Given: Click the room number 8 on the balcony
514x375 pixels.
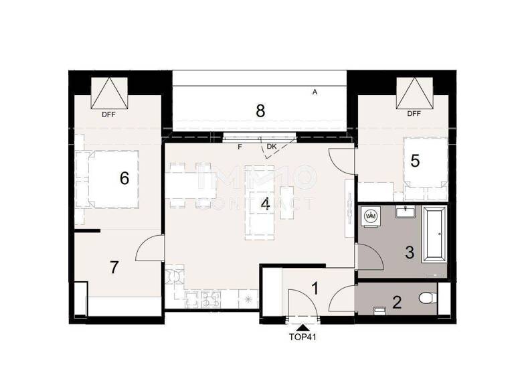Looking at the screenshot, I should (260, 111).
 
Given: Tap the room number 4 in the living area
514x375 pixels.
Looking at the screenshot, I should (266, 204).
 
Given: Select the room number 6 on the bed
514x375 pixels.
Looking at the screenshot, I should (124, 179).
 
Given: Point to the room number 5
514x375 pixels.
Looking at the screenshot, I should (415, 161).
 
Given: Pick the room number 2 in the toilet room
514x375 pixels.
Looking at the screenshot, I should (397, 303).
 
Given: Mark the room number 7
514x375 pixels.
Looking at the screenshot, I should (114, 268).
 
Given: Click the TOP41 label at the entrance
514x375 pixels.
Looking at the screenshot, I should (301, 337).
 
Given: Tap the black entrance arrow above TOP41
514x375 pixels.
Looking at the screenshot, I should (302, 327).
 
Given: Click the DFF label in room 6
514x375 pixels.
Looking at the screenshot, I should (109, 115).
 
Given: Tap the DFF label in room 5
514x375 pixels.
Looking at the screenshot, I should (414, 115).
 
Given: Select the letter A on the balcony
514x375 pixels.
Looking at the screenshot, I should (315, 93).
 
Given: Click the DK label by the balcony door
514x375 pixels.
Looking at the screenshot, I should (271, 147).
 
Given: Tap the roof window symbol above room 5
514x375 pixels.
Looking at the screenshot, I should (414, 93).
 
